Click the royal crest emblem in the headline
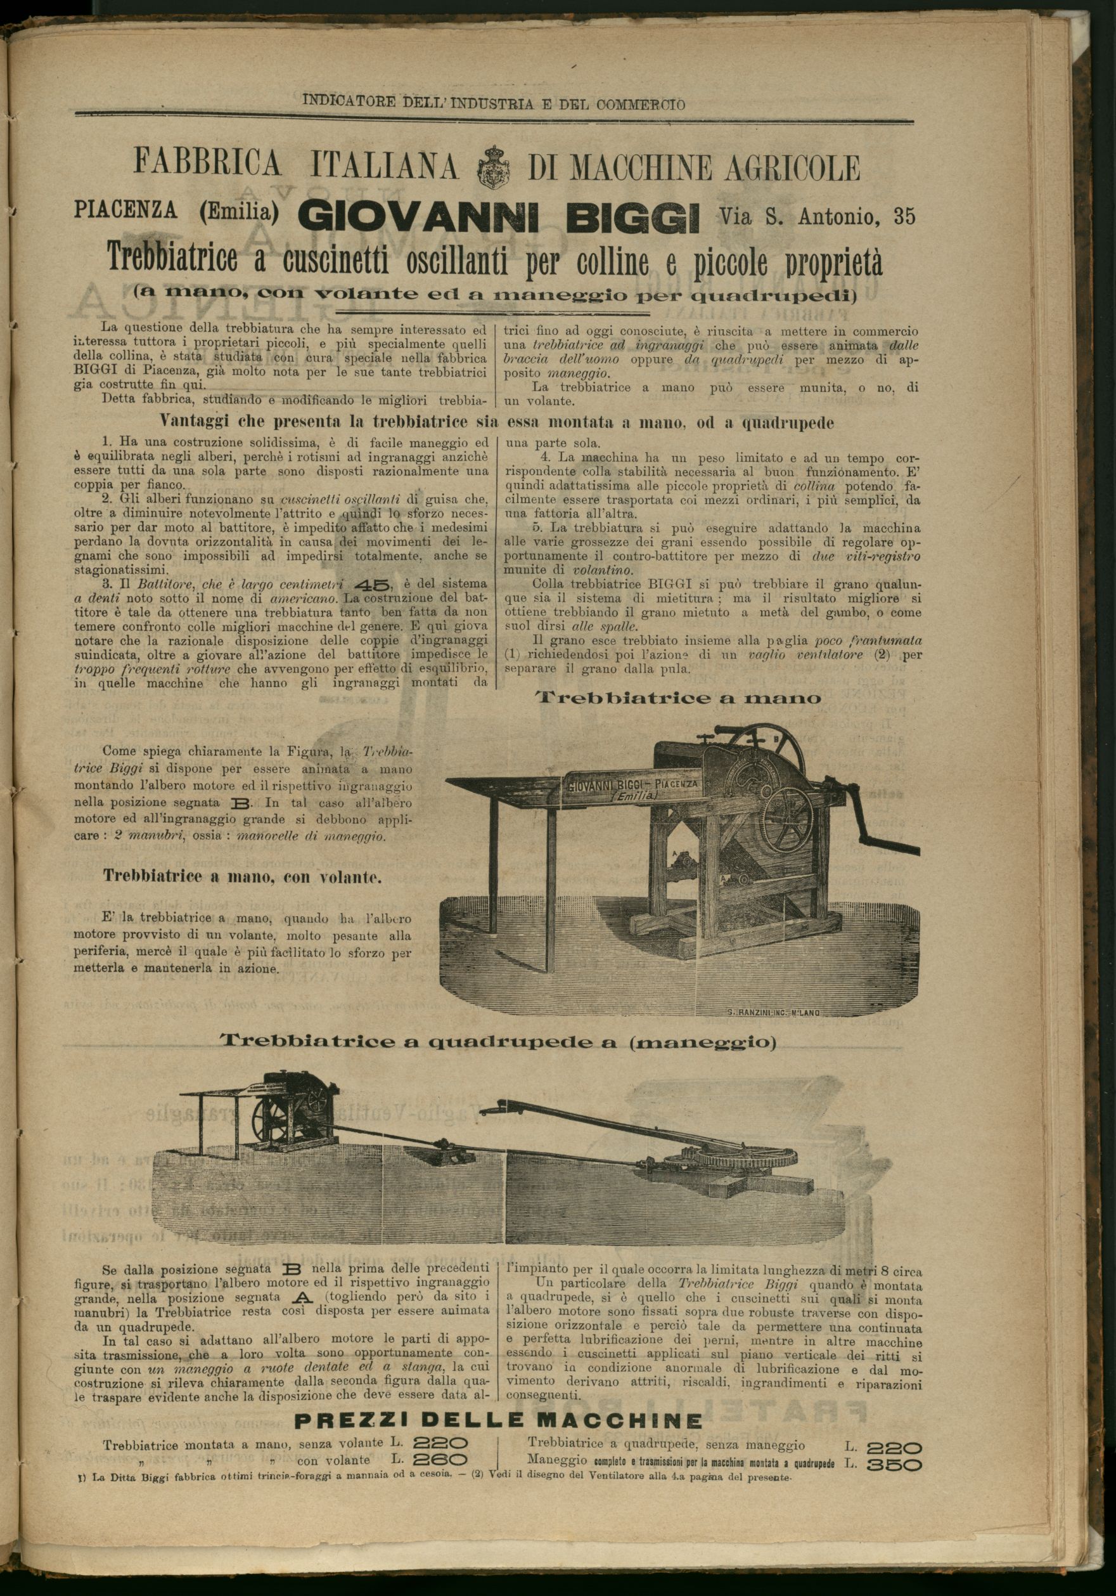tap(494, 167)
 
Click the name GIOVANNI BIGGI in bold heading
tap(497, 218)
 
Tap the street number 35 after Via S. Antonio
tap(904, 217)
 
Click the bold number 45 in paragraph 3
tap(373, 584)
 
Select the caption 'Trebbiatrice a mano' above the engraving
tap(678, 698)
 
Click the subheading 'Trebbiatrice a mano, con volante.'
tap(243, 876)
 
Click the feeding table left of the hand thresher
tap(500, 793)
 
